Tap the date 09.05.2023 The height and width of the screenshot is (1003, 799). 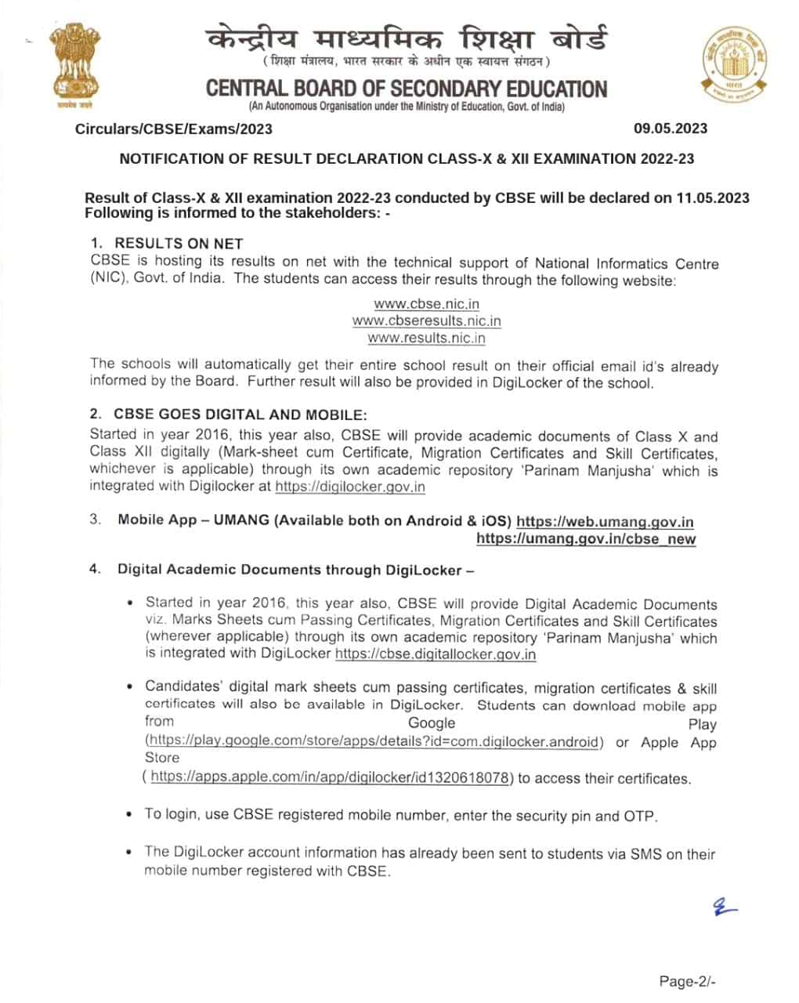pos(671,129)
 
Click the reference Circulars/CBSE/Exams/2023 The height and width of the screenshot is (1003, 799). pos(174,129)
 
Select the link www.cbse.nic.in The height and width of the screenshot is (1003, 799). pos(426,304)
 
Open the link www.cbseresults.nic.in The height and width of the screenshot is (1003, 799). pos(426,321)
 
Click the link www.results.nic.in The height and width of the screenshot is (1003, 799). pos(426,339)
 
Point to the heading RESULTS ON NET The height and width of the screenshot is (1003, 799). pos(179,244)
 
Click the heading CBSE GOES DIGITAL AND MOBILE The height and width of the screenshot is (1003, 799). pos(240,415)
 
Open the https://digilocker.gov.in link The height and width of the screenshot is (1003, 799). pos(350,487)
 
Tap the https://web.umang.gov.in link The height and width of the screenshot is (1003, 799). pos(605,522)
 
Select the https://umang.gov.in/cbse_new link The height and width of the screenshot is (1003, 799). pos(586,539)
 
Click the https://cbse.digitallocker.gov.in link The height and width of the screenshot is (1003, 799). pos(436,654)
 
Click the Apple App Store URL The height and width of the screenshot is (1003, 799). pos(331,777)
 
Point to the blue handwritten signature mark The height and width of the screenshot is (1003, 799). pos(724,907)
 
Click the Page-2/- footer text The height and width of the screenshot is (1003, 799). pos(687,981)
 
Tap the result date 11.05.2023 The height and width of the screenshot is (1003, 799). pos(712,198)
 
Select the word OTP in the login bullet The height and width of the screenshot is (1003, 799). pos(639,817)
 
